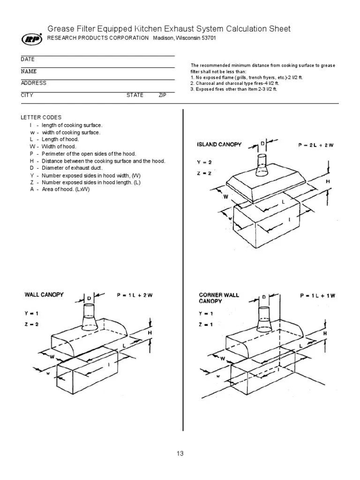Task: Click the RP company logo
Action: coord(32,38)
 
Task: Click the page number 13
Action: coord(180,453)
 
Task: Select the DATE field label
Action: coord(27,60)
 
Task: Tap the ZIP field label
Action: coord(162,95)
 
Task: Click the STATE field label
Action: coord(135,95)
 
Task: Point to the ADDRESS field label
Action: coord(33,83)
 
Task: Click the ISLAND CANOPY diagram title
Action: coord(219,144)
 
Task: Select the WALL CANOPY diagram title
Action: coord(44,295)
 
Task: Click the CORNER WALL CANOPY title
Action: coord(219,298)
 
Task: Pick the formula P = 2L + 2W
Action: coord(315,145)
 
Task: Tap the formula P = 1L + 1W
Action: coord(317,296)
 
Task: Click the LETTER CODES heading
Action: coord(41,117)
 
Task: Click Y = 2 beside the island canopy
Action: coord(204,162)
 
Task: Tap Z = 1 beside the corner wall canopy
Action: coord(205,324)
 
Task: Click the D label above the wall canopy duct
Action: coord(88,298)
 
